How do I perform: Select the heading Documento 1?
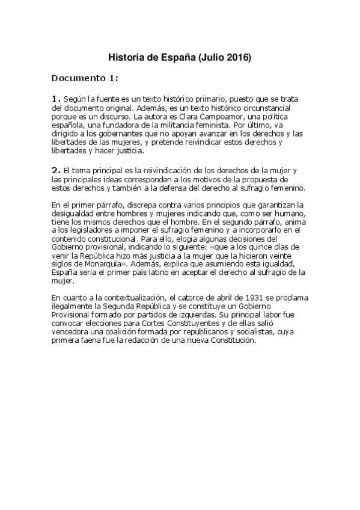pyautogui.click(x=85, y=78)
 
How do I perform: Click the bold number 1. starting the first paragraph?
pyautogui.click(x=56, y=98)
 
